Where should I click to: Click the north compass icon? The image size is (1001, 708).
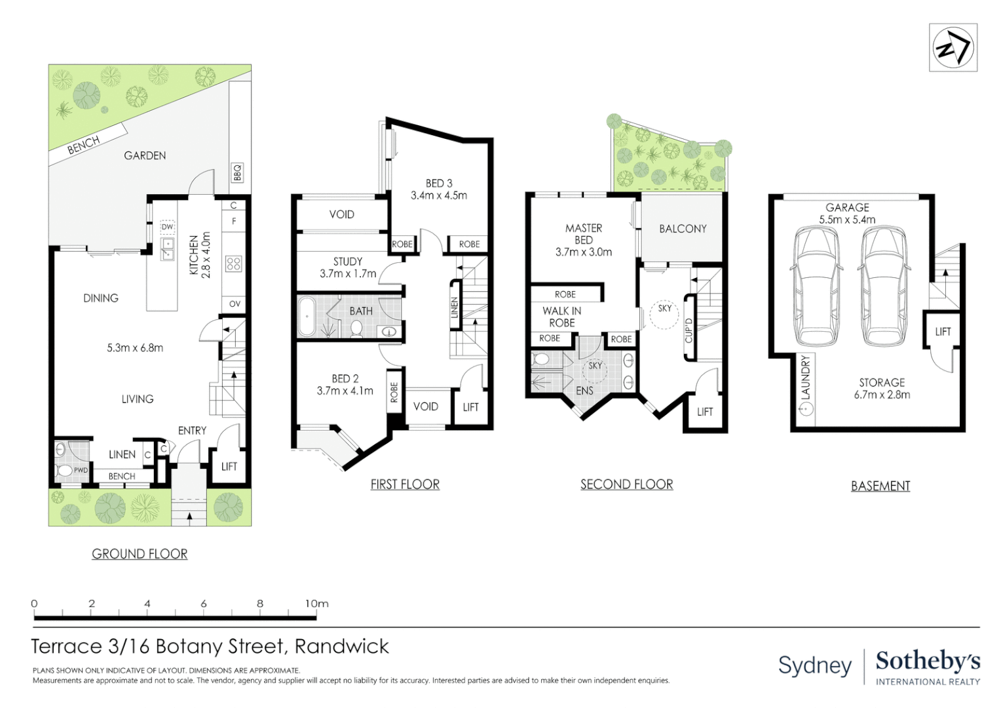tap(953, 48)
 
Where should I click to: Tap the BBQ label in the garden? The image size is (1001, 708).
tap(237, 172)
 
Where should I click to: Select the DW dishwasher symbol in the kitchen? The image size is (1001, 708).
tap(168, 227)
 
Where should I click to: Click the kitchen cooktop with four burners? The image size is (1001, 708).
tap(234, 264)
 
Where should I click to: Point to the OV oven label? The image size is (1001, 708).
tap(235, 304)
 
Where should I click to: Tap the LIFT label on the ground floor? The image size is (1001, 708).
tap(229, 467)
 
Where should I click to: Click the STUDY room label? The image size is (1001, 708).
tap(348, 262)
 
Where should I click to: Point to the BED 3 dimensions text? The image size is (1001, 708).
tap(439, 195)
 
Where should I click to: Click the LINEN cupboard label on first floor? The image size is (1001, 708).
tap(455, 308)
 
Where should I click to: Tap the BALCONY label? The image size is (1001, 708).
tap(683, 229)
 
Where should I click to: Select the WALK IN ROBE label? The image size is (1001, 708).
tap(561, 317)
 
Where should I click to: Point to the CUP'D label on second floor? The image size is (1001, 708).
tap(689, 330)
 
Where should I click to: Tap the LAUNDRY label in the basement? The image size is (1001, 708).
tap(806, 378)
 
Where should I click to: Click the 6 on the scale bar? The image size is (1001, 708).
tap(204, 603)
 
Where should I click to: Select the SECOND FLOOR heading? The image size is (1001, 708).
tap(626, 484)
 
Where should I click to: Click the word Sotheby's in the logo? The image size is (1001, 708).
tap(928, 661)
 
